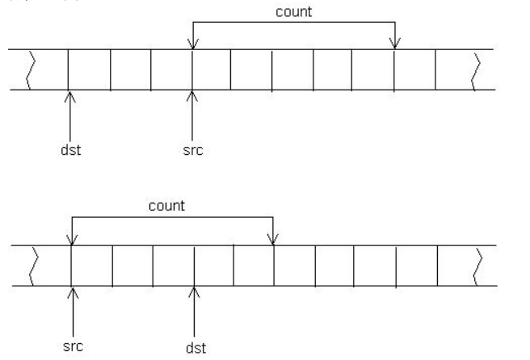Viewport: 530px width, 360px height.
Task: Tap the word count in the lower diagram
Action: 166,206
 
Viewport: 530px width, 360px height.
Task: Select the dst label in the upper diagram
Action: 70,149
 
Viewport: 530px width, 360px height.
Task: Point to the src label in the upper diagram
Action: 192,149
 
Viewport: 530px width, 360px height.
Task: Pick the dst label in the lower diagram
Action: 195,348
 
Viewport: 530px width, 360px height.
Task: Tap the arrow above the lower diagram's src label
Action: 73,311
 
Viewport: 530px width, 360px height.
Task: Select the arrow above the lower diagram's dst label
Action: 195,311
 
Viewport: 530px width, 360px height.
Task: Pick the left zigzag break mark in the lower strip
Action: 34,265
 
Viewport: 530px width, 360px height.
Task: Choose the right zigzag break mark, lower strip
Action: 479,265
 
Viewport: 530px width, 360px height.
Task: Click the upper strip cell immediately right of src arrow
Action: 212,70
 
